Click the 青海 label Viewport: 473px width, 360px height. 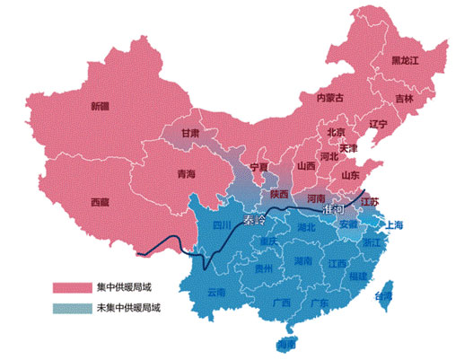click(186, 173)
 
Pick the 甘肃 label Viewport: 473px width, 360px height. click(190, 133)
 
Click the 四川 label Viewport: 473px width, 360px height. click(222, 225)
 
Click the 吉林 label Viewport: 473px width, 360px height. click(405, 98)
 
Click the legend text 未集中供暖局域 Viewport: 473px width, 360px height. click(129, 308)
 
